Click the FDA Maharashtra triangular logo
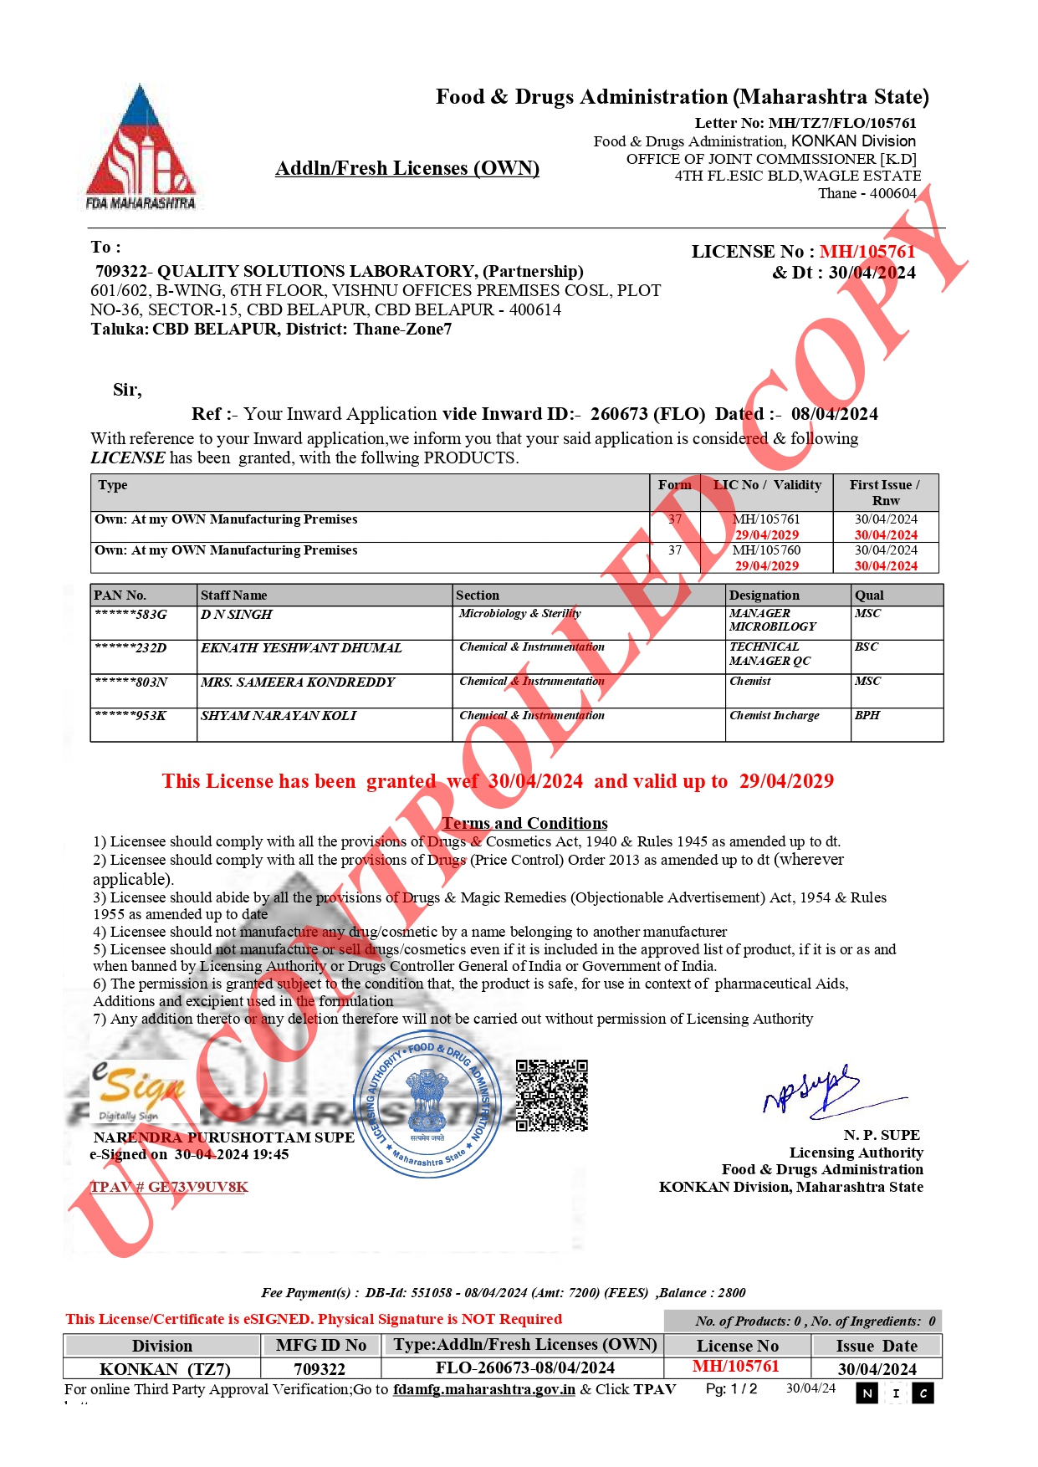141,148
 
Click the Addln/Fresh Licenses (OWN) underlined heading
407,168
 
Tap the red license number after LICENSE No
867,252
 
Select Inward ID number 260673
619,414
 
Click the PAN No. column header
120,595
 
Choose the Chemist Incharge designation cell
775,716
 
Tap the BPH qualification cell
867,716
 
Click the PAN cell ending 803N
131,682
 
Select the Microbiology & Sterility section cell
519,614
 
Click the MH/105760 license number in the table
766,550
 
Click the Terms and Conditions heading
525,823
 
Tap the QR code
551,1095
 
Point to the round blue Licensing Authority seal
429,1105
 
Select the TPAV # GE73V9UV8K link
169,1187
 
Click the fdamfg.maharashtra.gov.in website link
483,1389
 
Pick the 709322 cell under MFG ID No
320,1368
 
